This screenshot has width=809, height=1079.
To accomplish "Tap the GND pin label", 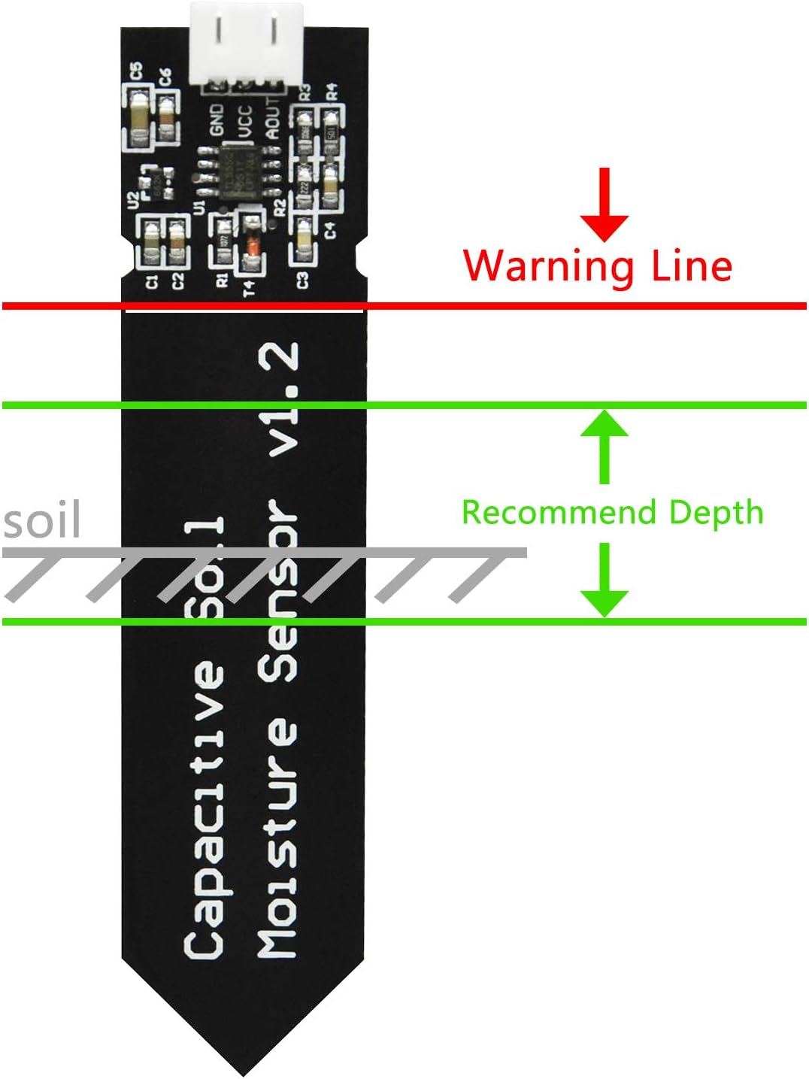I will click(x=217, y=120).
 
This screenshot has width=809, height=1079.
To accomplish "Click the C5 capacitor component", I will click(x=138, y=117).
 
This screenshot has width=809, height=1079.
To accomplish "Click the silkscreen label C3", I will click(x=302, y=280).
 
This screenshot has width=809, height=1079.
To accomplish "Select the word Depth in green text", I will click(x=716, y=512).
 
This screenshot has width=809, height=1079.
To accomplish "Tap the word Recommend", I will click(x=559, y=513).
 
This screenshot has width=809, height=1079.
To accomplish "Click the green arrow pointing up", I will click(x=604, y=444).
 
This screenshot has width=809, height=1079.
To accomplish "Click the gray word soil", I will click(x=42, y=520).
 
